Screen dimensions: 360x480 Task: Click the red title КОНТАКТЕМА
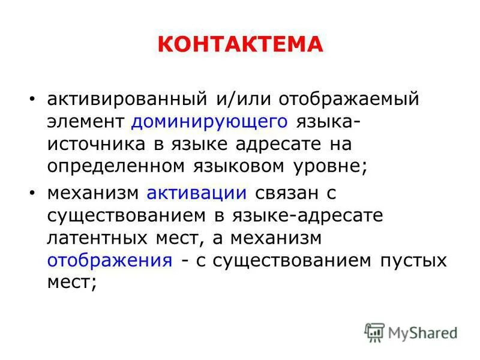[240, 44]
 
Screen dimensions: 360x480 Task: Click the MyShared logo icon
[374, 332]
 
